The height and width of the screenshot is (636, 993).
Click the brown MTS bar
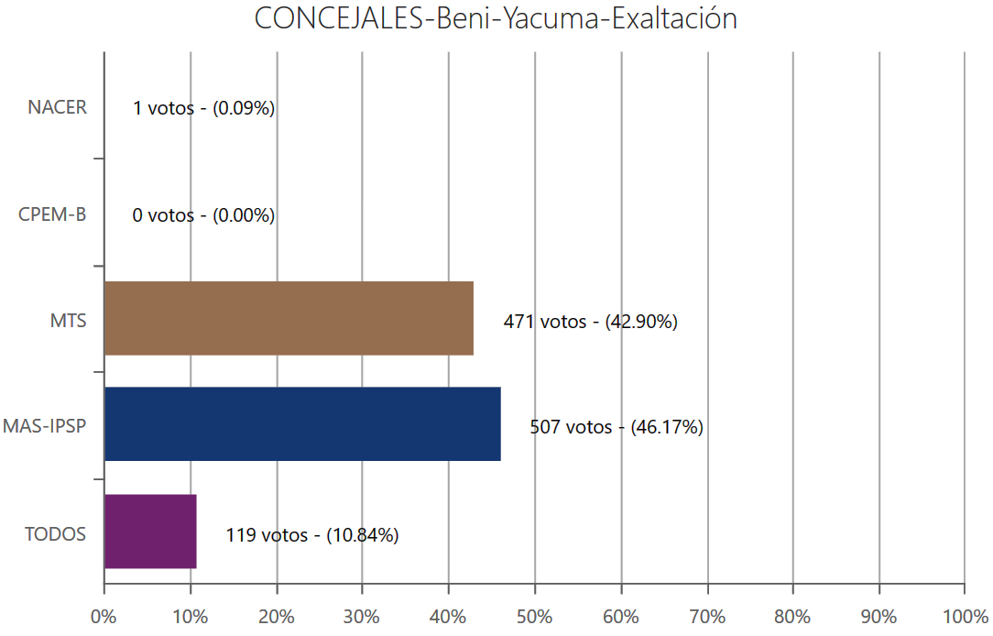[289, 318]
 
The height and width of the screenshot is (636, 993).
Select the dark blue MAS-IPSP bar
[302, 424]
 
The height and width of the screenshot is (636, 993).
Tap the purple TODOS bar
[150, 532]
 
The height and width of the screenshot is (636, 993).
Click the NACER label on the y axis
[57, 107]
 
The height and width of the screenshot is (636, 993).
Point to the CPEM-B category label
[52, 214]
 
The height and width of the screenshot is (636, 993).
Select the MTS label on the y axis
[69, 322]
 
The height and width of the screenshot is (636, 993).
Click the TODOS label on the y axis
[56, 534]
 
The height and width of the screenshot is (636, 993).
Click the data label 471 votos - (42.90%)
[590, 322]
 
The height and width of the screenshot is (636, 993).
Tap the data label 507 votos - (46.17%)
[616, 427]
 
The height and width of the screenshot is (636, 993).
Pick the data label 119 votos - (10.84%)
[312, 535]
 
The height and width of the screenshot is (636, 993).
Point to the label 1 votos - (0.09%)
[203, 108]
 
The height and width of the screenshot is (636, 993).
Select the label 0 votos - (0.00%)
[203, 215]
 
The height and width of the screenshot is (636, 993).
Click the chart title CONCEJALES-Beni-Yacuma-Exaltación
[496, 19]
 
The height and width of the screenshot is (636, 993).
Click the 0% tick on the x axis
[104, 616]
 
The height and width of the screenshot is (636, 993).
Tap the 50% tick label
[535, 616]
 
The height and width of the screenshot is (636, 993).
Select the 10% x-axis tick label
[190, 616]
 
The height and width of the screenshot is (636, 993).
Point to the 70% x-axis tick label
[707, 616]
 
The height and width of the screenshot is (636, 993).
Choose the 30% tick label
[362, 616]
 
